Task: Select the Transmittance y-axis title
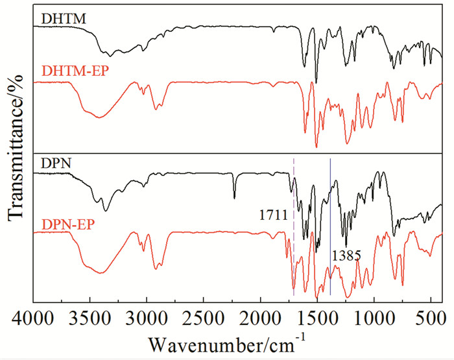click(14, 156)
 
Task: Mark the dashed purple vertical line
click(294, 195)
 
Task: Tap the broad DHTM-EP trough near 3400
click(99, 117)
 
